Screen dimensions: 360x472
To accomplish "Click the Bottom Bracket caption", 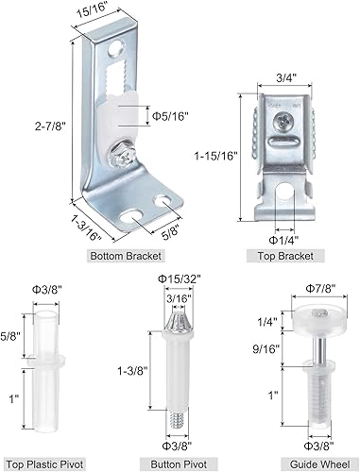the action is (126, 256).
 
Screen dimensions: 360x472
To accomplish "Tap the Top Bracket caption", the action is (285, 256).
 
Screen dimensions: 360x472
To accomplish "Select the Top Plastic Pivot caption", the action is (44, 464).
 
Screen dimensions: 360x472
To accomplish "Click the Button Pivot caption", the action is (179, 464).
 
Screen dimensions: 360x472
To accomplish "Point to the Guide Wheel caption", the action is (319, 464).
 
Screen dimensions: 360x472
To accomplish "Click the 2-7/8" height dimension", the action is (50, 126).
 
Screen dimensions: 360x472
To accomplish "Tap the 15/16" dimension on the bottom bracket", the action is (95, 14).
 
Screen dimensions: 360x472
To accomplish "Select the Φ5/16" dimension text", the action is (170, 116).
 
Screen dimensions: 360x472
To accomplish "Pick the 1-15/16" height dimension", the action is (215, 156).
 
